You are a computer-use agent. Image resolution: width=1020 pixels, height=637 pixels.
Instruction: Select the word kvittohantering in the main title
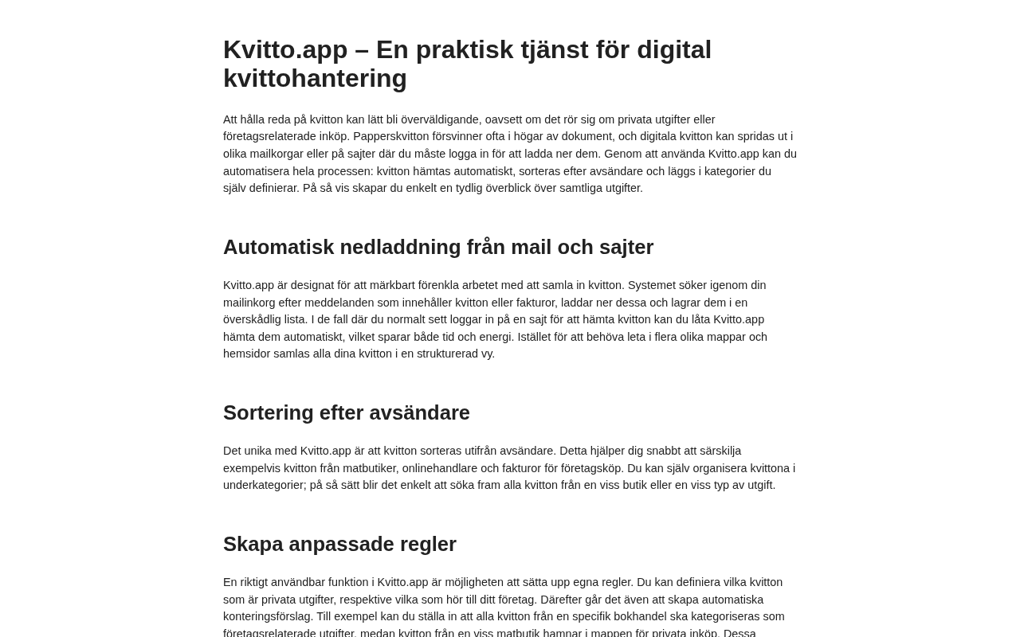(315, 78)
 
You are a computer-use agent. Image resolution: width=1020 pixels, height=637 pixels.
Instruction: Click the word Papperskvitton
(390, 136)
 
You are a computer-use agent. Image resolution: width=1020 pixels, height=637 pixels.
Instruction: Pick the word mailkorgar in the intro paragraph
(276, 154)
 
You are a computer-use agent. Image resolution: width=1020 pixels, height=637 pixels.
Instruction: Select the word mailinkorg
(249, 303)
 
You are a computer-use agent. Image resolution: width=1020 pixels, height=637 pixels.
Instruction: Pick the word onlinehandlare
(439, 468)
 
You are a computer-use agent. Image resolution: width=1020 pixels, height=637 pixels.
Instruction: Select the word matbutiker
(369, 468)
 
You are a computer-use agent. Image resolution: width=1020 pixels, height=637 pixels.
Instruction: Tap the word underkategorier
(264, 485)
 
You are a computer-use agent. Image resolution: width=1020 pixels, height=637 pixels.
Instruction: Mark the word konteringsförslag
(268, 616)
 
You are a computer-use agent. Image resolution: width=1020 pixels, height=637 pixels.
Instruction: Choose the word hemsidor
(246, 354)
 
